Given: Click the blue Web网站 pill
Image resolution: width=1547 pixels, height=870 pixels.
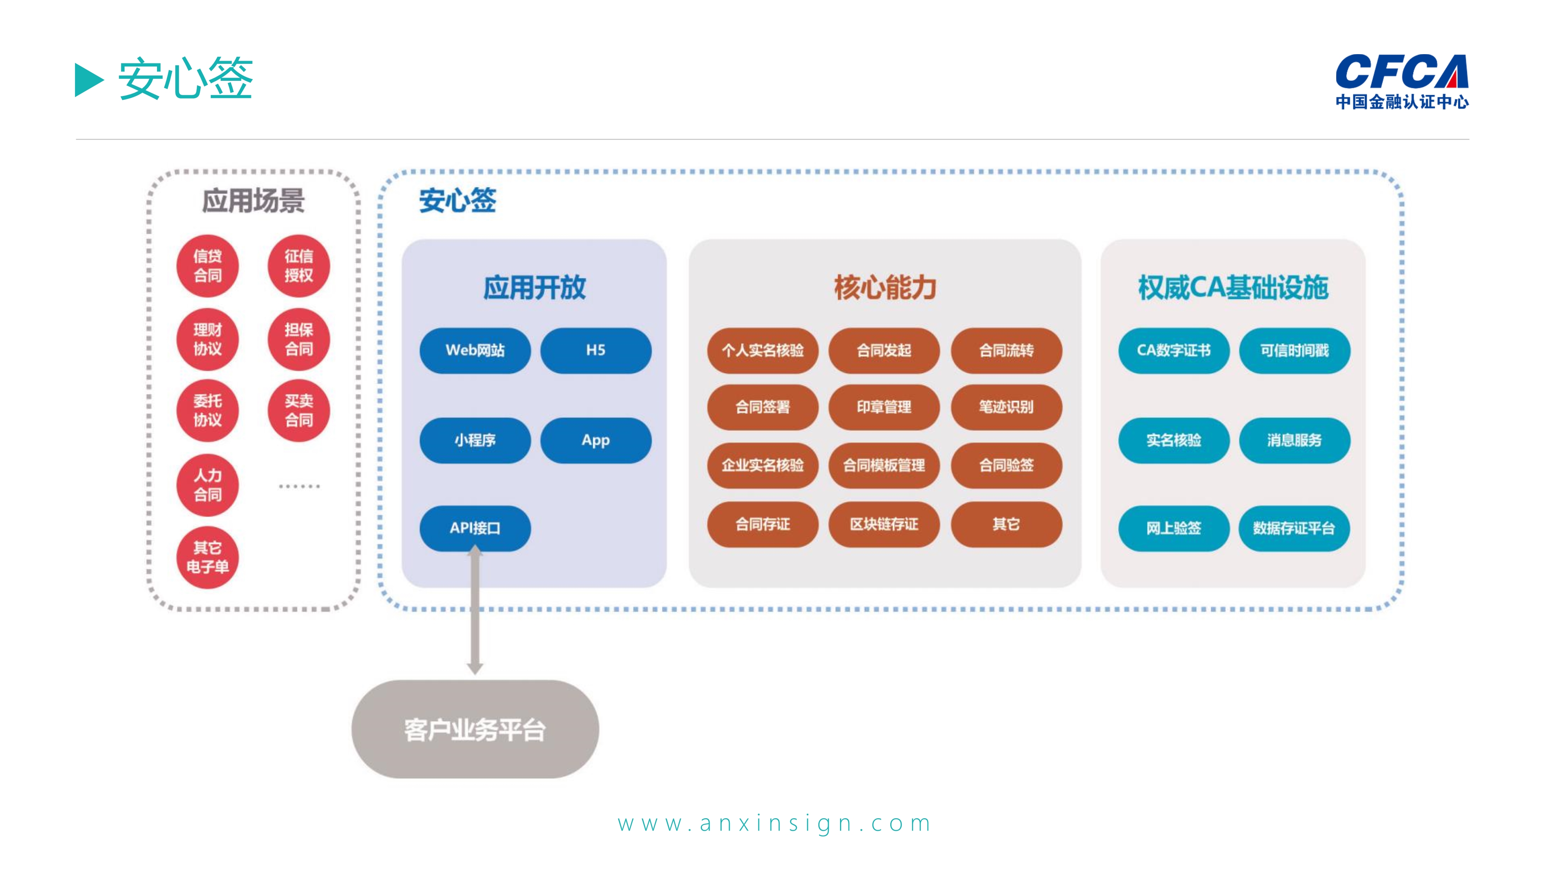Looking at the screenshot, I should click(475, 350).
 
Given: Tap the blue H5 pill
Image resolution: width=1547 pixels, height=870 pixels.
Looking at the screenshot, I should click(595, 350).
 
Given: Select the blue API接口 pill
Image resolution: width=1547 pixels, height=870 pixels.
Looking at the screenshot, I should click(475, 528).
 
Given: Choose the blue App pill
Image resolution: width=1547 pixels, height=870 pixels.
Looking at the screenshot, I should click(595, 440).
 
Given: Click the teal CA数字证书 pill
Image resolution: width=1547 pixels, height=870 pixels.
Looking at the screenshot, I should click(1173, 350).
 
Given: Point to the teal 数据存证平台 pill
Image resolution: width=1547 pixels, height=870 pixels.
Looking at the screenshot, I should click(1294, 528).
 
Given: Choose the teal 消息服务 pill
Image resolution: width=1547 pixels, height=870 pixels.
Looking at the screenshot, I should click(1294, 440).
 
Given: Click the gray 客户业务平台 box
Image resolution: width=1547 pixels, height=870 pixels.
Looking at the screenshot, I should click(475, 729).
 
